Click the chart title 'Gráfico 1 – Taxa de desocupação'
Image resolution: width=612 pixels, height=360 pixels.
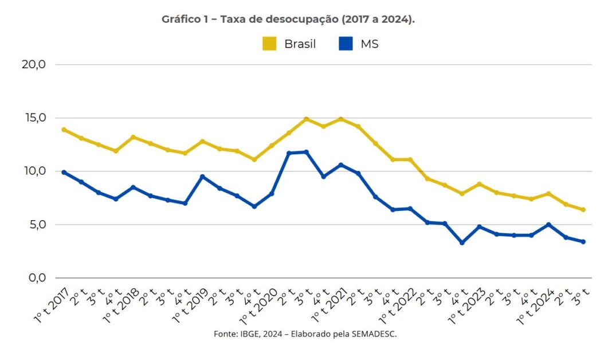288,19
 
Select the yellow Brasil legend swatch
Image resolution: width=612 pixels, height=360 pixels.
269,44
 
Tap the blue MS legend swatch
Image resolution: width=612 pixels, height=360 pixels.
346,44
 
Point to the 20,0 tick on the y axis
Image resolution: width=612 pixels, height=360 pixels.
33,64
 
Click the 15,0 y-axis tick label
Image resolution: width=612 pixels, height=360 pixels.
33,118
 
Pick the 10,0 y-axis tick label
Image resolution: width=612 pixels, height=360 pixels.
33,171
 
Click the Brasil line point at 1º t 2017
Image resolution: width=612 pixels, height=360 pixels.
64,130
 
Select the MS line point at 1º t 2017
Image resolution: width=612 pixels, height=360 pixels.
64,172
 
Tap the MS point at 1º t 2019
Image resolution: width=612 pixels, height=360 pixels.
202,177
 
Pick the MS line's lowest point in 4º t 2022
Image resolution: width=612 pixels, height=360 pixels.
462,242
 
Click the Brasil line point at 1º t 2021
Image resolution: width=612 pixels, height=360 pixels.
341,119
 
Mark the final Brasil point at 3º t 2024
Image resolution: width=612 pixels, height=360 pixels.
583,210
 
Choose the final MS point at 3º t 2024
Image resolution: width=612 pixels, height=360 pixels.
583,241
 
